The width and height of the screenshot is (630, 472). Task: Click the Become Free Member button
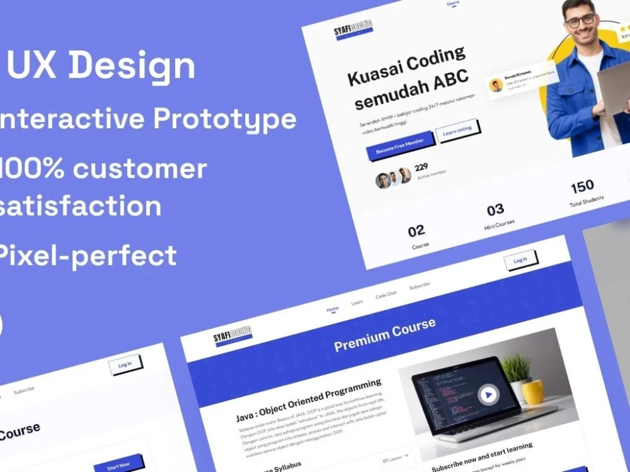[x=399, y=147]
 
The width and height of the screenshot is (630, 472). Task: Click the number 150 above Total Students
[x=582, y=186]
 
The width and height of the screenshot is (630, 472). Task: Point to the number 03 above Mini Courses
[x=495, y=210]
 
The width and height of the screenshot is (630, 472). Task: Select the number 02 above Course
[x=416, y=231]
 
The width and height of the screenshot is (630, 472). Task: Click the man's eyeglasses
[x=580, y=20]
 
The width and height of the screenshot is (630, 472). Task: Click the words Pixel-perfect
[x=88, y=256]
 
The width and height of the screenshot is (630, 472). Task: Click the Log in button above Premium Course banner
[x=520, y=261]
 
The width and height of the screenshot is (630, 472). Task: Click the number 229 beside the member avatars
[x=421, y=167]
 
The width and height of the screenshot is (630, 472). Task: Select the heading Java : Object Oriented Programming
[x=309, y=400]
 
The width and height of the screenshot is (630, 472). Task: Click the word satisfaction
[x=81, y=206]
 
